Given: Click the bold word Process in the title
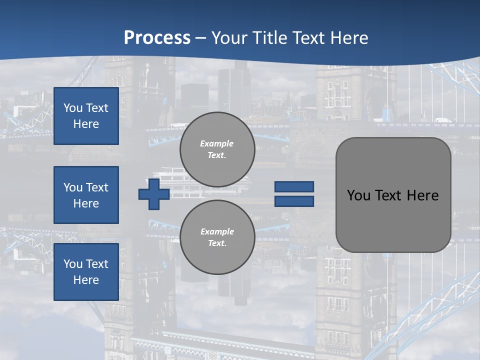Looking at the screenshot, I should [x=157, y=38].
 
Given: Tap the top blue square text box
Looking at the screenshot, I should [x=86, y=116].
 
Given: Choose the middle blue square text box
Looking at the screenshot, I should [x=86, y=195].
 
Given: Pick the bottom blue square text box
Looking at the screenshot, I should [x=86, y=272].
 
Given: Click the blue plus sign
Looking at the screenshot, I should [x=154, y=194].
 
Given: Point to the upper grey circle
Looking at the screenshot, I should [x=217, y=149].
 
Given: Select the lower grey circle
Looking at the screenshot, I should [x=217, y=237].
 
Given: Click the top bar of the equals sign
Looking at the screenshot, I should [x=294, y=187].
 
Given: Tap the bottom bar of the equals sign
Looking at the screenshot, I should [x=294, y=201].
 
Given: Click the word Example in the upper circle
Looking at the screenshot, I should [x=216, y=143].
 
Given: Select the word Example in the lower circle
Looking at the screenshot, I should [x=217, y=231].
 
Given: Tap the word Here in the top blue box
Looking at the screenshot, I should [x=86, y=124].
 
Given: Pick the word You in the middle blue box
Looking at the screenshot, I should [x=72, y=187].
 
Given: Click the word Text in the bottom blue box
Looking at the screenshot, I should [x=96, y=264].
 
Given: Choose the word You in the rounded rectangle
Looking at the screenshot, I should [x=358, y=195].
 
